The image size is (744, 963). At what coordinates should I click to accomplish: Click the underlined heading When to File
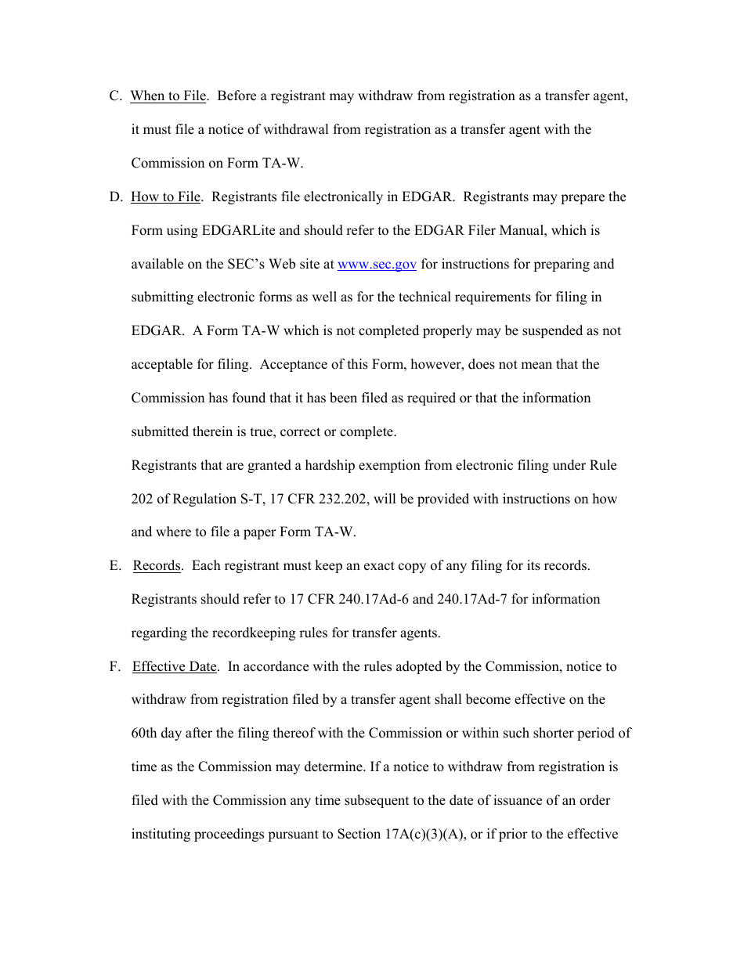[168, 96]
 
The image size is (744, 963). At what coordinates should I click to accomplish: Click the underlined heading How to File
[165, 197]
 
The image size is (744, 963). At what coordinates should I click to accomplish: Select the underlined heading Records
[157, 566]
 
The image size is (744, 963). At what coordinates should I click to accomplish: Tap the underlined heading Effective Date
[174, 667]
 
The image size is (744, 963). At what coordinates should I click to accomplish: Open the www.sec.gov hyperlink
[377, 265]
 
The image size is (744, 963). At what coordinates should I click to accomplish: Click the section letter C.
[115, 96]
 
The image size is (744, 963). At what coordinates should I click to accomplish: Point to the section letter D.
[115, 197]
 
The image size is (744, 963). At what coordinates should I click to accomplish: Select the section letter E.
[114, 566]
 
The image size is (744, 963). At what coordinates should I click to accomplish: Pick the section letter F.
[114, 667]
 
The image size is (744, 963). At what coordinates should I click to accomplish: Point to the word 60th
[145, 734]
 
